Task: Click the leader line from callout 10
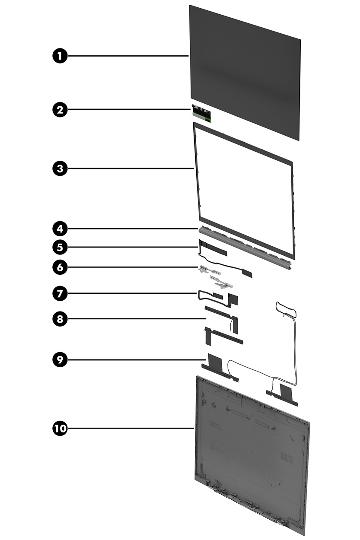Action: coord(130,429)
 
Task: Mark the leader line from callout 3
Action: coord(130,168)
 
